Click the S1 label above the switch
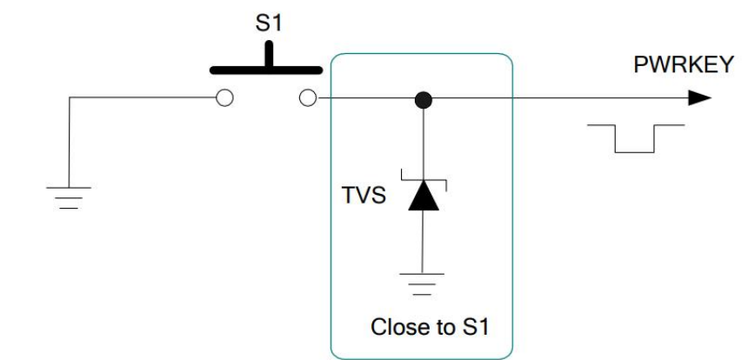click(268, 23)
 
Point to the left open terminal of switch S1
click(224, 98)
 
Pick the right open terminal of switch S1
click(307, 98)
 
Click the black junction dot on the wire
click(424, 99)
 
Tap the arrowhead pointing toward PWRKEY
click(700, 98)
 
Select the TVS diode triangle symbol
click(424, 197)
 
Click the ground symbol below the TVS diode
click(424, 280)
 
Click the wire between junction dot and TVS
click(424, 139)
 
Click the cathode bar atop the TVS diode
click(424, 181)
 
